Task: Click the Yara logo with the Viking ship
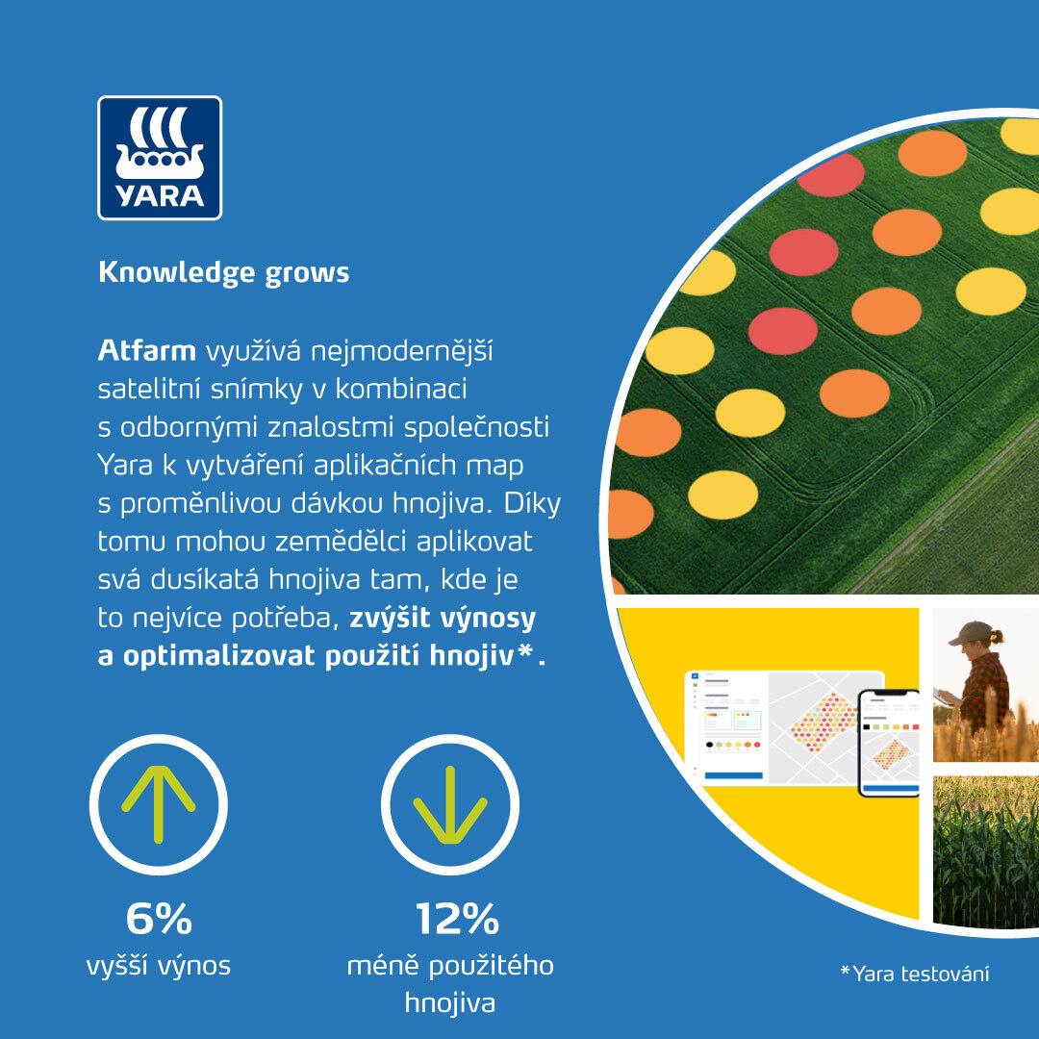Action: [x=160, y=158]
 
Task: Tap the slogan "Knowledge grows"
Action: [x=223, y=272]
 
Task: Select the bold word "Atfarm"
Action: [x=146, y=350]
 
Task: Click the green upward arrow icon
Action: [x=159, y=804]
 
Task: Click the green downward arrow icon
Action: [x=450, y=804]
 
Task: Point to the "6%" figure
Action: [x=159, y=919]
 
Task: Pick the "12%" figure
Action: [x=457, y=919]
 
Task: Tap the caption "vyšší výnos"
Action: [x=159, y=966]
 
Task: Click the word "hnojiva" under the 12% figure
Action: [x=450, y=1002]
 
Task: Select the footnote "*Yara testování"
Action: [x=915, y=974]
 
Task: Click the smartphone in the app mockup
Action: [x=889, y=743]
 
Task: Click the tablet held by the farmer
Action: [x=942, y=696]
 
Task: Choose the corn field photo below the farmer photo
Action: [x=986, y=851]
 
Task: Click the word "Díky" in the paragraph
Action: [x=532, y=503]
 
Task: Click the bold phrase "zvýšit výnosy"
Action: [x=443, y=619]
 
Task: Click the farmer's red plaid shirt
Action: [x=985, y=689]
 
